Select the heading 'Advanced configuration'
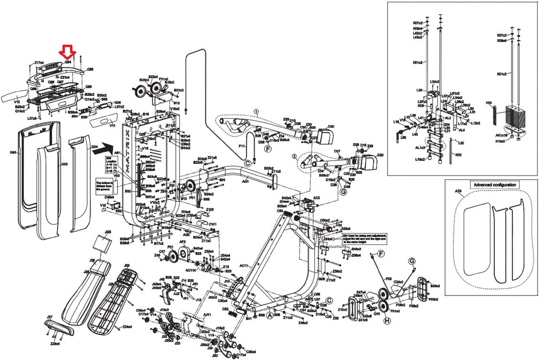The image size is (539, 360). tap(494, 185)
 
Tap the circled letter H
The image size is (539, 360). tap(387, 321)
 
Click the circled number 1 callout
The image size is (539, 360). tap(256, 112)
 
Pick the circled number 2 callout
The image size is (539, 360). tap(294, 156)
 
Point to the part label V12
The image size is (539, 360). tap(17, 102)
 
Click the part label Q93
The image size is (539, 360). tap(13, 152)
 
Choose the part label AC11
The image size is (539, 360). tap(244, 266)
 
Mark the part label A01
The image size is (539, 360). tap(245, 182)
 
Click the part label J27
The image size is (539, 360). tap(50, 317)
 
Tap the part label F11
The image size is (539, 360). tap(241, 146)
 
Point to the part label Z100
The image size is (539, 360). tap(209, 210)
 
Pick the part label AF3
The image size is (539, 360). tap(182, 242)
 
